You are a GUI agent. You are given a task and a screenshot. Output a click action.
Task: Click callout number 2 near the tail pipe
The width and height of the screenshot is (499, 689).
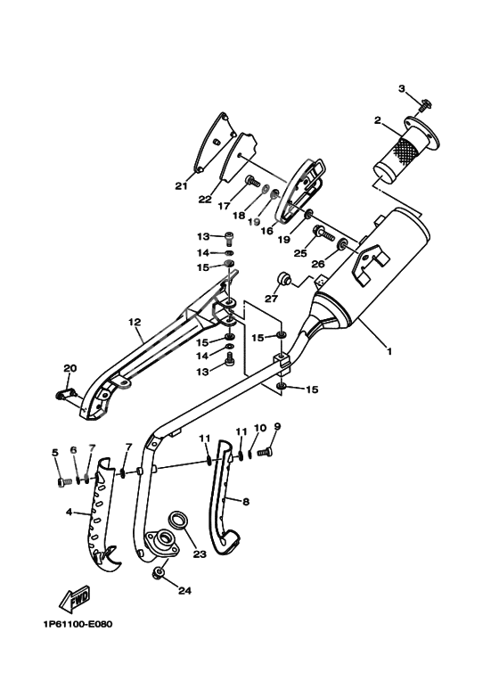(x=378, y=119)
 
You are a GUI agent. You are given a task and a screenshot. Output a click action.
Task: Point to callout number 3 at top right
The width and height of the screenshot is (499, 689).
(x=401, y=88)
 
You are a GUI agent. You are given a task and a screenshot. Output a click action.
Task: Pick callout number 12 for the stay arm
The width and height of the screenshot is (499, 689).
(x=135, y=322)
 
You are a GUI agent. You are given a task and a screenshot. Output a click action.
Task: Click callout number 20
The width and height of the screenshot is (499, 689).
(x=70, y=367)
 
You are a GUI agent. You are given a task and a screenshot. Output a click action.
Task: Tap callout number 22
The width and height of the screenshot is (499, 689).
(x=204, y=199)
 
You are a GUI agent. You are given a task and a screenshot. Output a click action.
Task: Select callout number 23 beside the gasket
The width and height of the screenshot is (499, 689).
(x=198, y=554)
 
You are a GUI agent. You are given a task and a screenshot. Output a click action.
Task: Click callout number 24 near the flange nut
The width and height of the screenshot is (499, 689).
(x=184, y=589)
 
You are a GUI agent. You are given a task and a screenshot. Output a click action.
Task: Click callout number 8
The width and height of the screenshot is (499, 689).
(x=245, y=501)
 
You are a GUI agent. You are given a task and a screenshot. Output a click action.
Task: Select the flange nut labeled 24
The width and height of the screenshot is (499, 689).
(x=159, y=572)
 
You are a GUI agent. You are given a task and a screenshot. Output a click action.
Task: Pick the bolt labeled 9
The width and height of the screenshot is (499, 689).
(x=264, y=454)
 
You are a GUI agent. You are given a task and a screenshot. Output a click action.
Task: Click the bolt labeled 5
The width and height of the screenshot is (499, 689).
(x=62, y=481)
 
